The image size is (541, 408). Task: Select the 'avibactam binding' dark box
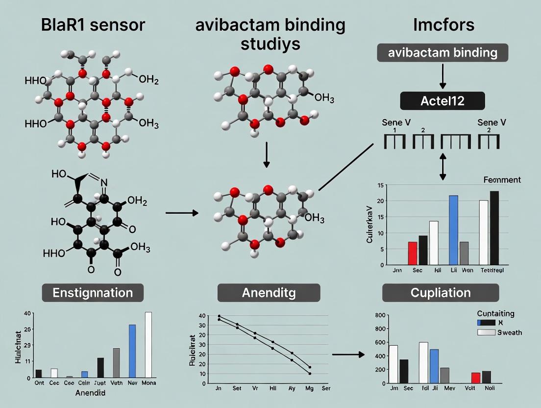(x=443, y=52)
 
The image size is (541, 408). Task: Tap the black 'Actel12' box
(x=443, y=101)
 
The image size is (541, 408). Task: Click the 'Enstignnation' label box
(x=93, y=293)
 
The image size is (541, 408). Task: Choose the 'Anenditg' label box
(x=268, y=293)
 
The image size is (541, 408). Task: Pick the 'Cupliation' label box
(x=440, y=293)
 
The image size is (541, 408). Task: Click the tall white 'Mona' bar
(x=148, y=345)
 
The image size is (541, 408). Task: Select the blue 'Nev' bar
(x=132, y=351)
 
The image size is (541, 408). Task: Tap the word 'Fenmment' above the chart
(x=501, y=180)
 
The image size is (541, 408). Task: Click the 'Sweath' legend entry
(x=499, y=332)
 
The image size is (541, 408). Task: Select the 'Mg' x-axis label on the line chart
(x=309, y=388)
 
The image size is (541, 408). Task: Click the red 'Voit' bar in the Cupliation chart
(x=475, y=378)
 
